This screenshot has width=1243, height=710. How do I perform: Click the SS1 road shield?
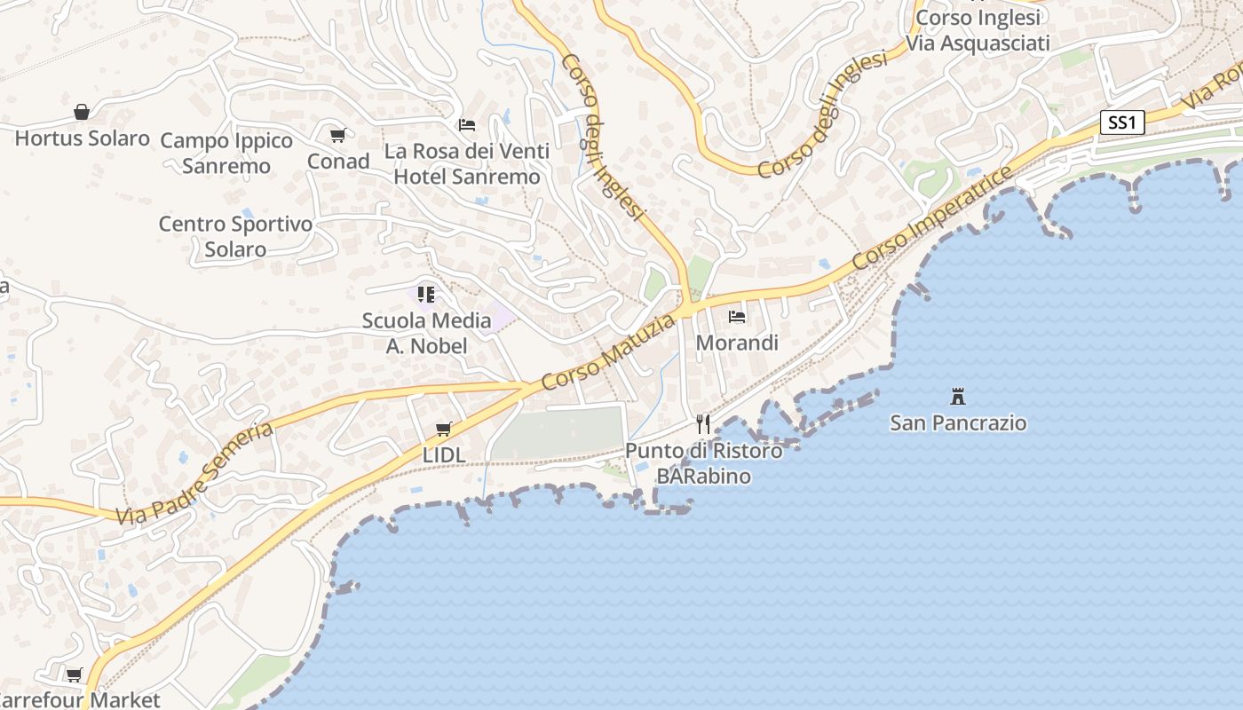[1122, 122]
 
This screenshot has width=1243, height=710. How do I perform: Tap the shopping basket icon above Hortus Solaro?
[82, 112]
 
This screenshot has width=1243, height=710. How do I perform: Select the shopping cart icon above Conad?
[337, 136]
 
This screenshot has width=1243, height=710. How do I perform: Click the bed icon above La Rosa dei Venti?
[467, 125]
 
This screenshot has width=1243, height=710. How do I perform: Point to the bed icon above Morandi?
[737, 316]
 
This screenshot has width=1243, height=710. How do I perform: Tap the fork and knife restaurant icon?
[703, 423]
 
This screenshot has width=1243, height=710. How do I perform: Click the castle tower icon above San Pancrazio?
[958, 396]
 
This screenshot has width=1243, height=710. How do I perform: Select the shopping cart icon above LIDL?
[444, 430]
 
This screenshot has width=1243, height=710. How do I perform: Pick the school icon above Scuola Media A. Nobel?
[426, 294]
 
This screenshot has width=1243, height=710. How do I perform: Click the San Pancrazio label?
[958, 422]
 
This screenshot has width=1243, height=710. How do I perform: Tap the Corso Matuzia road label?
[608, 353]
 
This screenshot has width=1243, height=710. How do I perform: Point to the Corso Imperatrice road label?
[932, 218]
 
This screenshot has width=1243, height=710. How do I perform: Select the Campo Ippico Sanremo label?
[226, 154]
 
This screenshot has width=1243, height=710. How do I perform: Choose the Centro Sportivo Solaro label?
[235, 236]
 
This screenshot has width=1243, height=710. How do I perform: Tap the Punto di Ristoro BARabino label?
[704, 463]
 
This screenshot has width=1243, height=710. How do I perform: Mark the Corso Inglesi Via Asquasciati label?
[978, 30]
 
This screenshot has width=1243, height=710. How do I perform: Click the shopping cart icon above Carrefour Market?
[75, 674]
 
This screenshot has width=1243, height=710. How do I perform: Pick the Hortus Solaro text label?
[82, 138]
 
